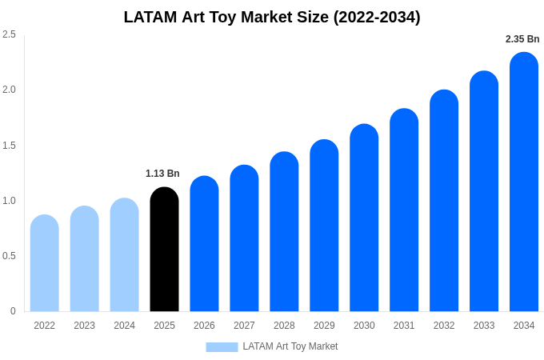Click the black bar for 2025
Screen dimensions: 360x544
164,250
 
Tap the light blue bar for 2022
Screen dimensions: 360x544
45,263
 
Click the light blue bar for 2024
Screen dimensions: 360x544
124,255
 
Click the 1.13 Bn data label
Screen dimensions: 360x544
162,174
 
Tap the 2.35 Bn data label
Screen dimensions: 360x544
522,39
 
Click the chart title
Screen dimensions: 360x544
272,17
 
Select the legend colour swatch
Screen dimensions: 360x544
222,347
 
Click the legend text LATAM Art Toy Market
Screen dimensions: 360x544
290,346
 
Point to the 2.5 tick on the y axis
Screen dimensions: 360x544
9,34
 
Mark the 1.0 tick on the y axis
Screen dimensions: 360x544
9,201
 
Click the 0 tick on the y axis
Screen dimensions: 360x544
13,311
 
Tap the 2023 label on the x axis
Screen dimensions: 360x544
84,326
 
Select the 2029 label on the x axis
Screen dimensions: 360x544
324,326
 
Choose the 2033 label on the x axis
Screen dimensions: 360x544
484,326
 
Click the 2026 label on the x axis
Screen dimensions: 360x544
204,326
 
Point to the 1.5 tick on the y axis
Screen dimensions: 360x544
9,146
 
